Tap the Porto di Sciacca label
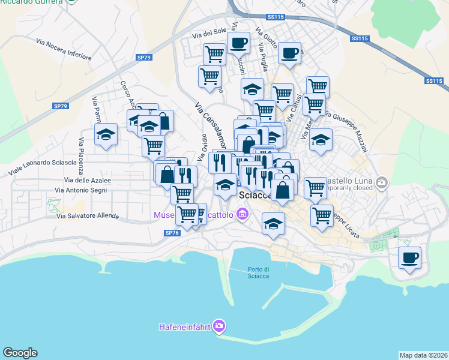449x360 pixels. point(258,272)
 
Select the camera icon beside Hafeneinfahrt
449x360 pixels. point(219,326)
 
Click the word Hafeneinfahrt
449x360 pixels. point(185,327)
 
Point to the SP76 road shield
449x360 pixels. point(171,233)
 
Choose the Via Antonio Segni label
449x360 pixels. point(81,190)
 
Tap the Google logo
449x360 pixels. point(20,353)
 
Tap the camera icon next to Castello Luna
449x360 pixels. point(381,181)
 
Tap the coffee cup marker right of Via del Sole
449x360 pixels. point(238,43)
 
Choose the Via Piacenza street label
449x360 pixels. point(80,153)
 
